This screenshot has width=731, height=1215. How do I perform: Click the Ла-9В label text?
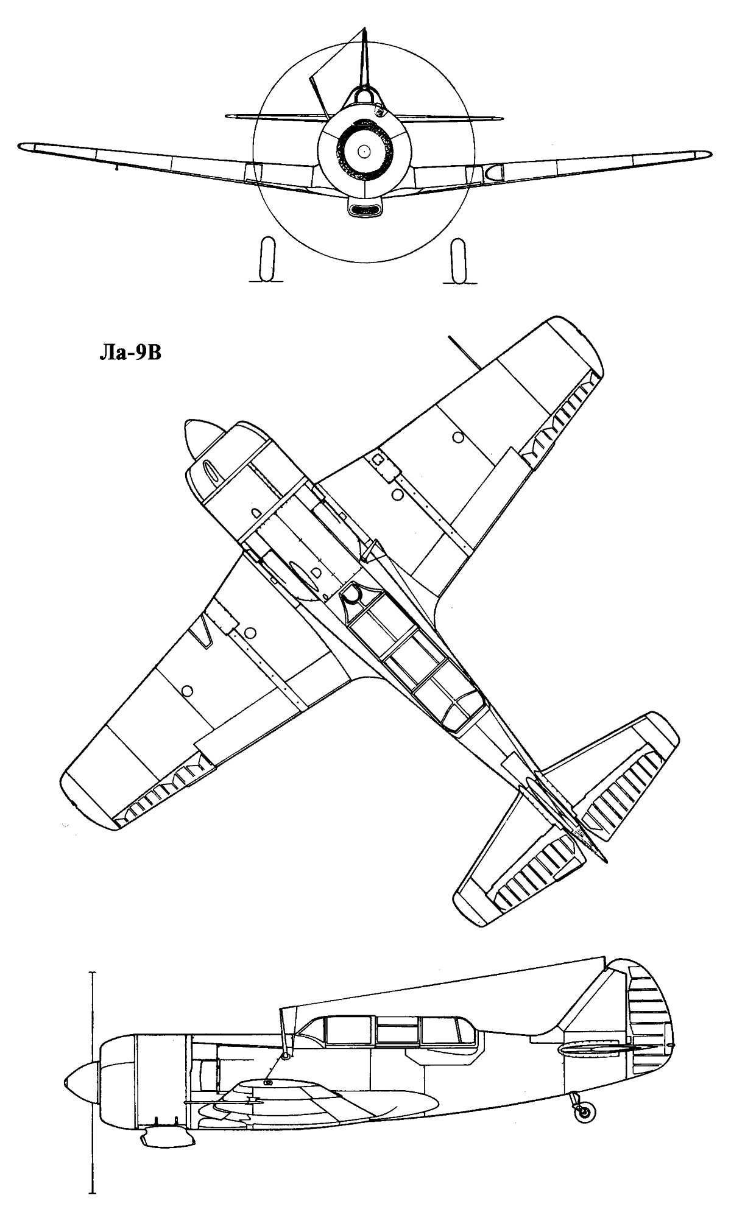click(130, 354)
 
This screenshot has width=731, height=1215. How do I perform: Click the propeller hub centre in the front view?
click(364, 150)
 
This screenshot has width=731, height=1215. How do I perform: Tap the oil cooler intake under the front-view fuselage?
click(364, 208)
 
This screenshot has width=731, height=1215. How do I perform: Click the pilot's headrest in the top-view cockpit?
click(351, 593)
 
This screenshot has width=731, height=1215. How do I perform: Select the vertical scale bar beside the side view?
click(92, 1065)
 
